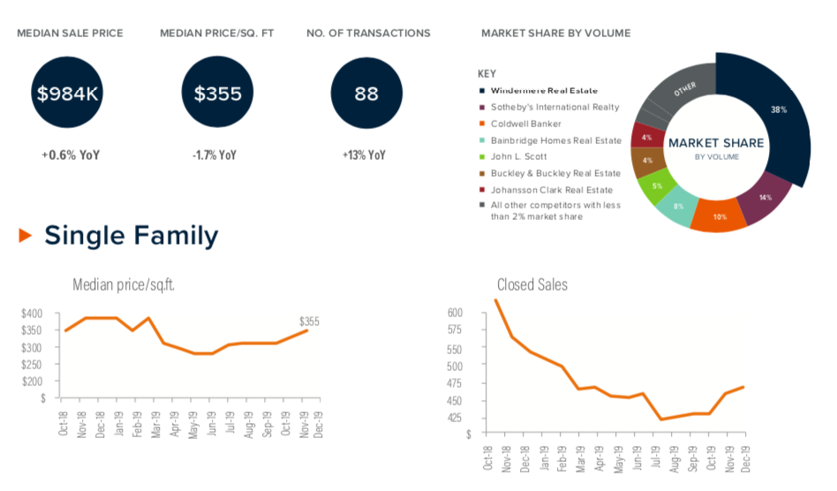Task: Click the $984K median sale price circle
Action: pyautogui.click(x=69, y=94)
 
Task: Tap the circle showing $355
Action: pyautogui.click(x=217, y=94)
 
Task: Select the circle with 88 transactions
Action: pyautogui.click(x=366, y=94)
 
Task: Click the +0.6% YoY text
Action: pyautogui.click(x=70, y=155)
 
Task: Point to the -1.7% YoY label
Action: pyautogui.click(x=215, y=155)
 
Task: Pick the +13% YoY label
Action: pyautogui.click(x=365, y=155)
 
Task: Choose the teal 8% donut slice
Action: pyautogui.click(x=679, y=207)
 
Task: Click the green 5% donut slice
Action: pyautogui.click(x=657, y=186)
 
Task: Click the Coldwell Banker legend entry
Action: pyautogui.click(x=525, y=124)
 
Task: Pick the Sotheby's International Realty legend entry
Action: pyautogui.click(x=554, y=107)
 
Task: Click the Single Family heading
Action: pyautogui.click(x=131, y=236)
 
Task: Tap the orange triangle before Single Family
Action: pyautogui.click(x=25, y=236)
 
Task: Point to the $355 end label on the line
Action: pyautogui.click(x=309, y=321)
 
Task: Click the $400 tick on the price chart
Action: pyautogui.click(x=32, y=313)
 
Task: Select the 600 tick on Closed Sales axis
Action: pyautogui.click(x=456, y=313)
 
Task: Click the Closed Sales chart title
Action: pyautogui.click(x=532, y=284)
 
